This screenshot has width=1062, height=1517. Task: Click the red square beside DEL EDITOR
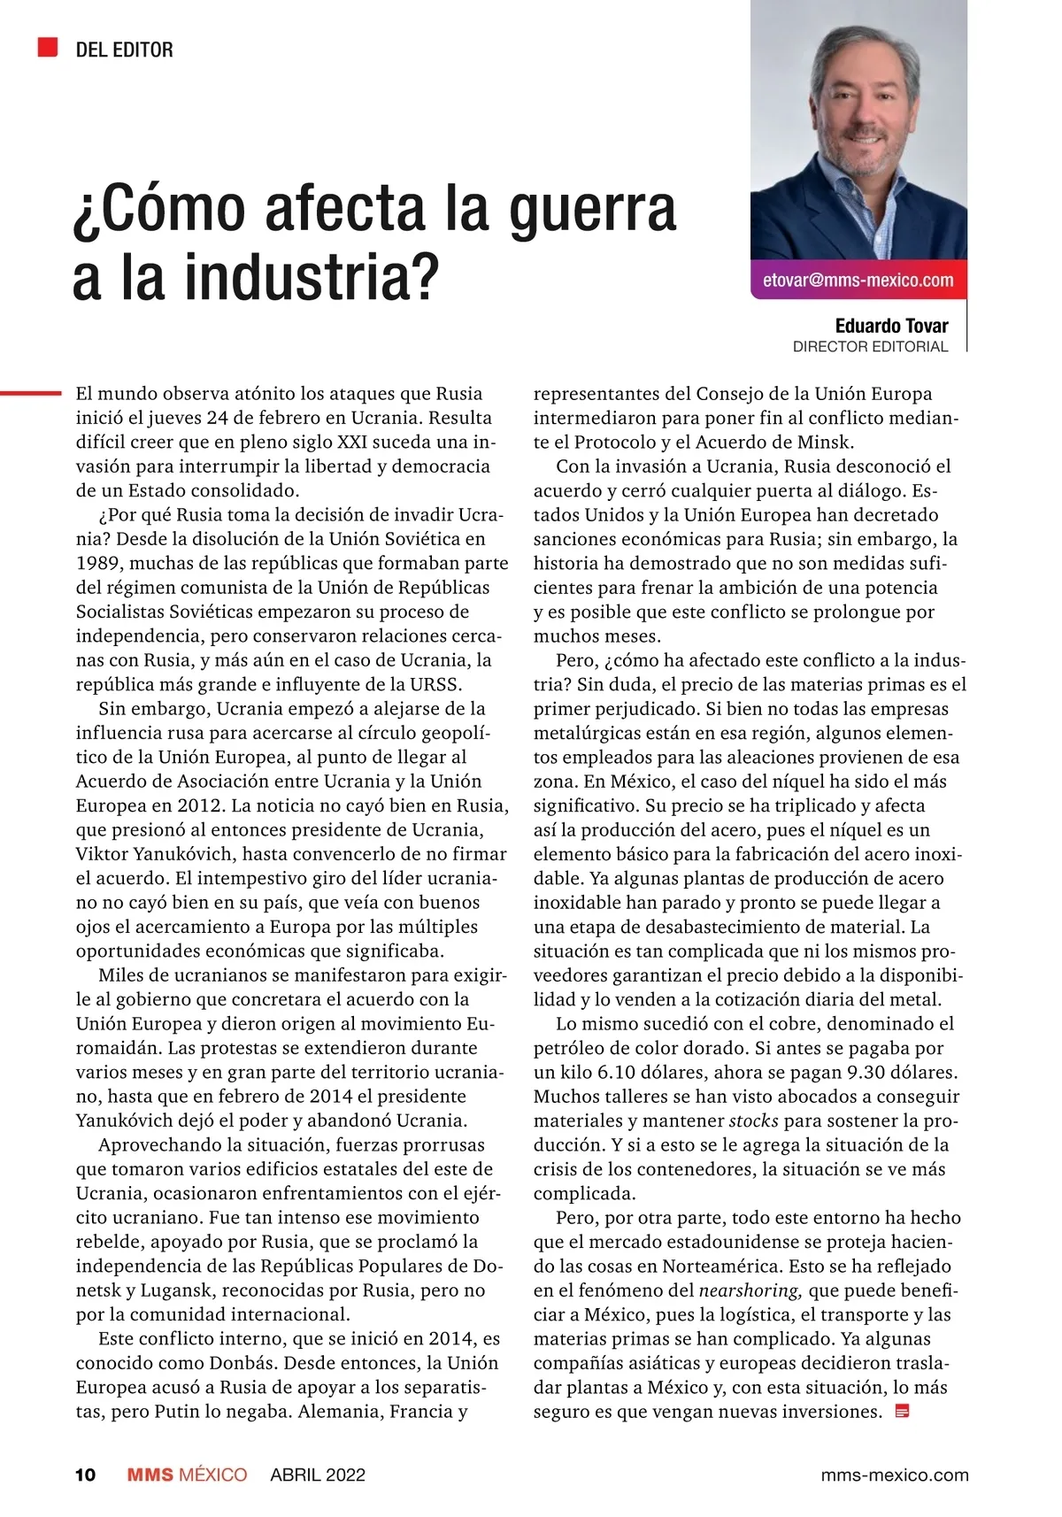[47, 48]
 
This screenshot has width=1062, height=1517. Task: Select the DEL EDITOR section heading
[124, 50]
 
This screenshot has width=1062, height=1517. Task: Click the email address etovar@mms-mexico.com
[858, 281]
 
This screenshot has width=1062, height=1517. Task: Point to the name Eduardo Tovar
[891, 326]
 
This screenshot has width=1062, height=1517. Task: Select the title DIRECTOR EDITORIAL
[870, 347]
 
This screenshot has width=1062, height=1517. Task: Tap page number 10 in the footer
[85, 1475]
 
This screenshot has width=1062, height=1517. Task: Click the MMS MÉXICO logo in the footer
[187, 1475]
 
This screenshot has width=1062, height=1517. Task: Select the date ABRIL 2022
[318, 1475]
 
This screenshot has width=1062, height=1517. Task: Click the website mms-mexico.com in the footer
[895, 1475]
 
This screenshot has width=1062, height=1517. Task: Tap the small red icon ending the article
[903, 1411]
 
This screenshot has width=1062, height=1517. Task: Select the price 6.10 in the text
[617, 1072]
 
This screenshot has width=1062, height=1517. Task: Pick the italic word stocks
[753, 1120]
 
